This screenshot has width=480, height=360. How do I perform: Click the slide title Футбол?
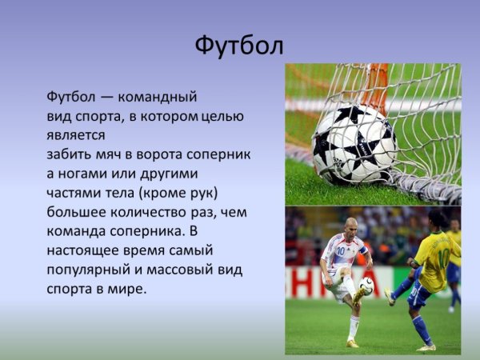(239, 46)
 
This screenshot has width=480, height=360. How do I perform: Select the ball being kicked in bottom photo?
(366, 286)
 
